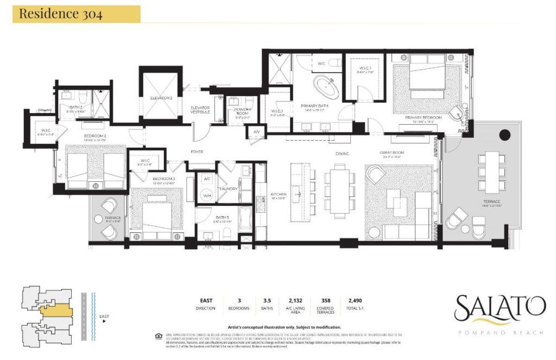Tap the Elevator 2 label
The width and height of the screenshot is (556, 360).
click(161, 98)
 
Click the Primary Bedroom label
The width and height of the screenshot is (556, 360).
click(423, 117)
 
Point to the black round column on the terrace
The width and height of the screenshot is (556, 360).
click(504, 134)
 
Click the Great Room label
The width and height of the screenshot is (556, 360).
click(392, 153)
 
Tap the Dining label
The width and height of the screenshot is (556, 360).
click(342, 154)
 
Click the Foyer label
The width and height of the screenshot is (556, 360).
click(197, 151)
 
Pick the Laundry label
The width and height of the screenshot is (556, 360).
click(229, 189)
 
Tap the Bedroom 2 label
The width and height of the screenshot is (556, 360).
click(94, 136)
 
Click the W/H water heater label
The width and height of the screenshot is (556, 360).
click(206, 195)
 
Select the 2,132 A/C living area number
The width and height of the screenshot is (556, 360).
click(291, 300)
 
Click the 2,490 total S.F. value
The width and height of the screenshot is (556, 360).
click(350, 300)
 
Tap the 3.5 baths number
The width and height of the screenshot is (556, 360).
click(268, 300)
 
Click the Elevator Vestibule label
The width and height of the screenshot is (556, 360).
click(200, 110)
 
